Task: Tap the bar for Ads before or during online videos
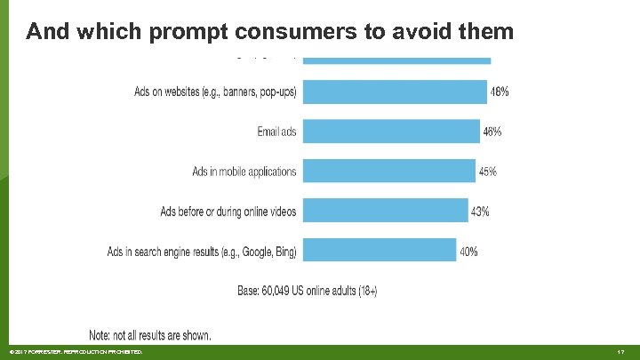pos(386,212)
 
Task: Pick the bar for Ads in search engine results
pos(380,252)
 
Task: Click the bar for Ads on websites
pos(395,91)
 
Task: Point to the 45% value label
pos(488,172)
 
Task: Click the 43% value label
pos(480,212)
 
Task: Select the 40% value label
pos(468,252)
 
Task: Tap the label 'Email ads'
pos(276,132)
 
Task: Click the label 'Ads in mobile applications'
pos(244,172)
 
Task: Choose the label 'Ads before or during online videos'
pos(228,212)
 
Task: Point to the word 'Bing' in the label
pos(285,252)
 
